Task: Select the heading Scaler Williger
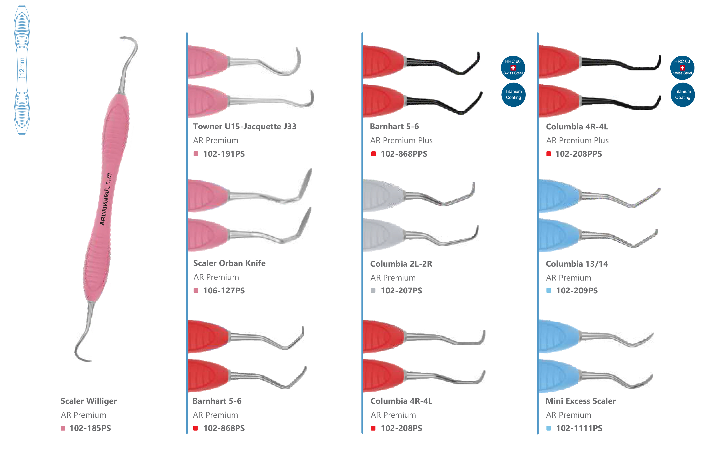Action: (x=88, y=401)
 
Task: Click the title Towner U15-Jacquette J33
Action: (x=244, y=127)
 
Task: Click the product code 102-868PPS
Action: (x=404, y=154)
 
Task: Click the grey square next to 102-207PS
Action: (x=373, y=291)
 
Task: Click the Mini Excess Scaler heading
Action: (x=580, y=401)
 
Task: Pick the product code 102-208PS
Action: (x=401, y=428)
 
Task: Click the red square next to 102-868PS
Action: (x=195, y=428)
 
